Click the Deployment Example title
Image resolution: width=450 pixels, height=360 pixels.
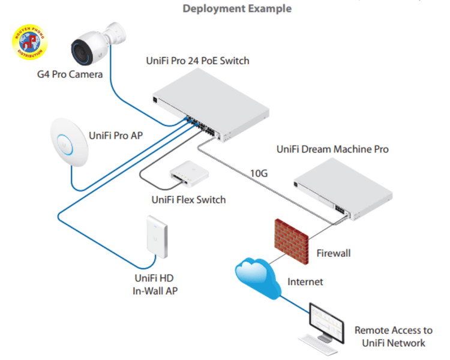click(237, 9)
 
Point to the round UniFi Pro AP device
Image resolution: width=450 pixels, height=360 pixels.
click(67, 141)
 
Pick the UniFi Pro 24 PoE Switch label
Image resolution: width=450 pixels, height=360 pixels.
click(197, 61)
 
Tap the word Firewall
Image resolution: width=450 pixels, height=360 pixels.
click(334, 253)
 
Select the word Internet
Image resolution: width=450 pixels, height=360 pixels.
click(305, 281)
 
